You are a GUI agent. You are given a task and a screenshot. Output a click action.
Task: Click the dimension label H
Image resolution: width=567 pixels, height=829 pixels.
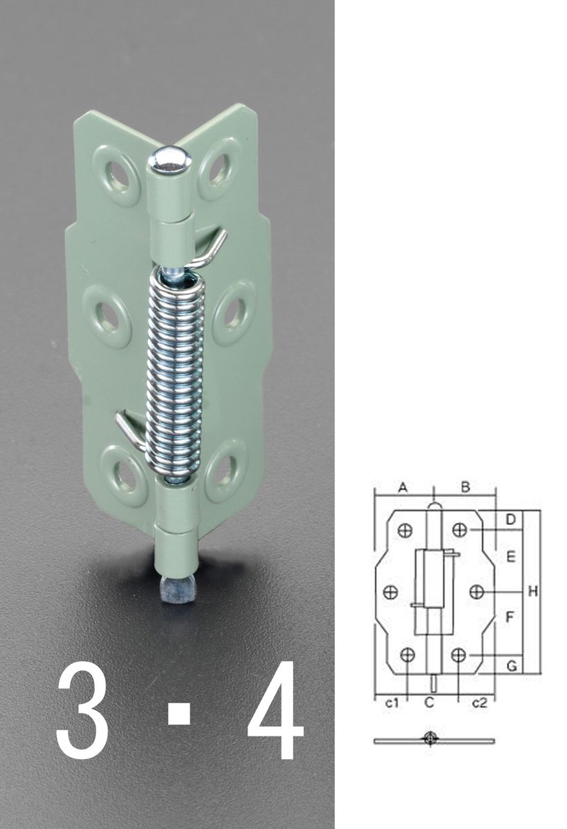[532, 592]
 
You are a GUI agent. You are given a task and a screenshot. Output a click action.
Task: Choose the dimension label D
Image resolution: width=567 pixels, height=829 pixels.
[511, 520]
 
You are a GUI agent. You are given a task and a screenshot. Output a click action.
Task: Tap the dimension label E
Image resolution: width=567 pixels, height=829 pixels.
[511, 556]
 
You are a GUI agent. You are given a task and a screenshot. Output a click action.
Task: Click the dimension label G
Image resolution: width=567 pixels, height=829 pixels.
[512, 667]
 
